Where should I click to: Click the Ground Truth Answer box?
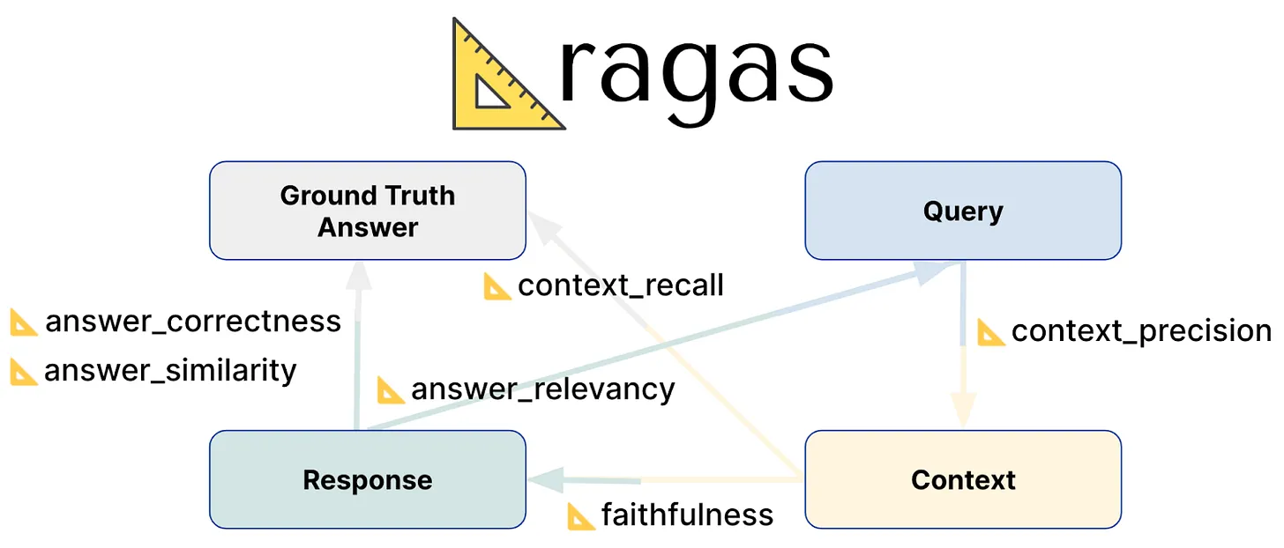[367, 211]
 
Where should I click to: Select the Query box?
[962, 211]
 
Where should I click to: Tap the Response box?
[367, 479]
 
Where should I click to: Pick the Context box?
[962, 479]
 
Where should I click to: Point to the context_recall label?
[620, 285]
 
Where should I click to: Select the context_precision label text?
[1141, 331]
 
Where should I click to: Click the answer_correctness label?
[192, 322]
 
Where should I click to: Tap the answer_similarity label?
[170, 371]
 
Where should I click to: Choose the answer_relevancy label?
[542, 389]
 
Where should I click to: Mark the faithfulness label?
[687, 515]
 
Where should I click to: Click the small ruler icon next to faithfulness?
[580, 516]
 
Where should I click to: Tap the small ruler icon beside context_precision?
[991, 333]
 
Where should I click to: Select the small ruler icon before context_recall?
[497, 286]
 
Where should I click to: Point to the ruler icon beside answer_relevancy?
[391, 389]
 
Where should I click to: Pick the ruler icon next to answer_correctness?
[24, 322]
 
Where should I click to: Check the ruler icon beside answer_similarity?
[24, 372]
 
